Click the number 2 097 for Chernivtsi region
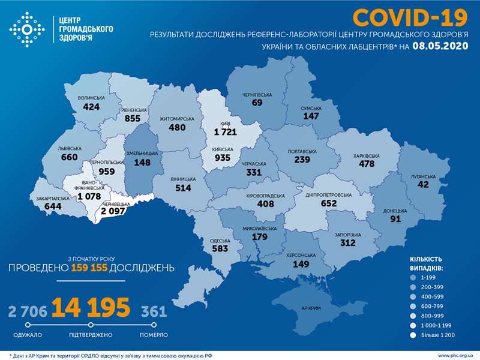(114, 211)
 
